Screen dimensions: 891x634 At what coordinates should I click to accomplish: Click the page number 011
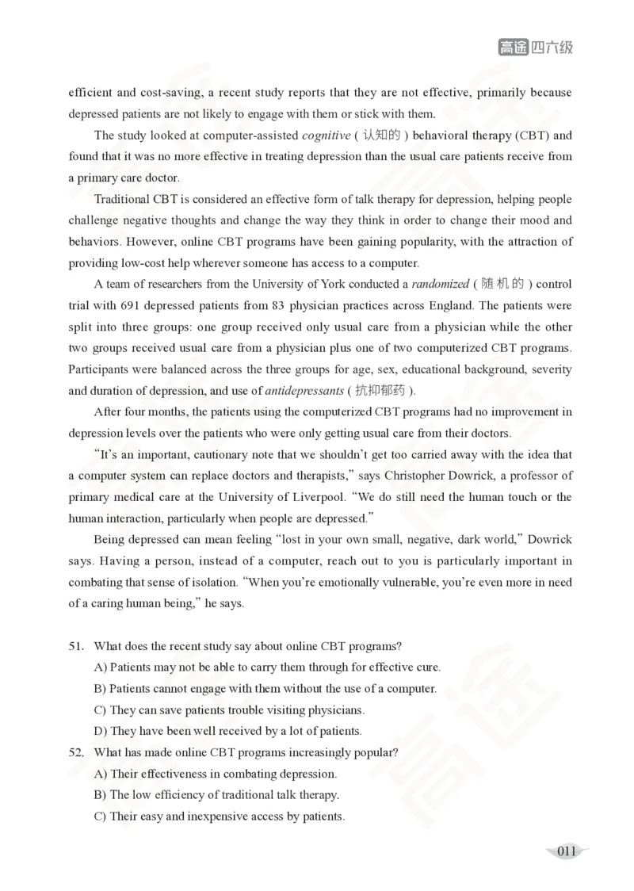click(x=566, y=851)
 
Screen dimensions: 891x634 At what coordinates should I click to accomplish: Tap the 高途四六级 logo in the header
click(x=535, y=48)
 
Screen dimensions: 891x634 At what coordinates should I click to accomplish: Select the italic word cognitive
click(x=326, y=135)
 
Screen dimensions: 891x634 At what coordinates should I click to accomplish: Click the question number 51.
click(x=76, y=646)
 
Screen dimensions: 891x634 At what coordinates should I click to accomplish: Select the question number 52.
click(x=76, y=752)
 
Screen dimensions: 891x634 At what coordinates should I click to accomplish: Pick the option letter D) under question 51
click(x=101, y=731)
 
